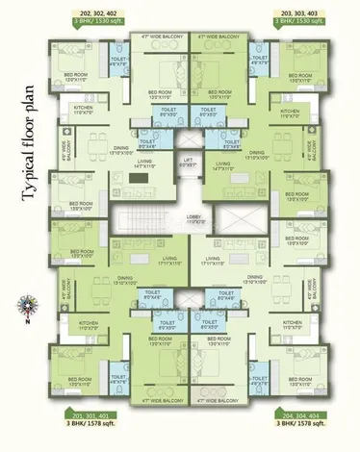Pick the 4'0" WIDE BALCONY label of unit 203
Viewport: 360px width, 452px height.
[x=309, y=150]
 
